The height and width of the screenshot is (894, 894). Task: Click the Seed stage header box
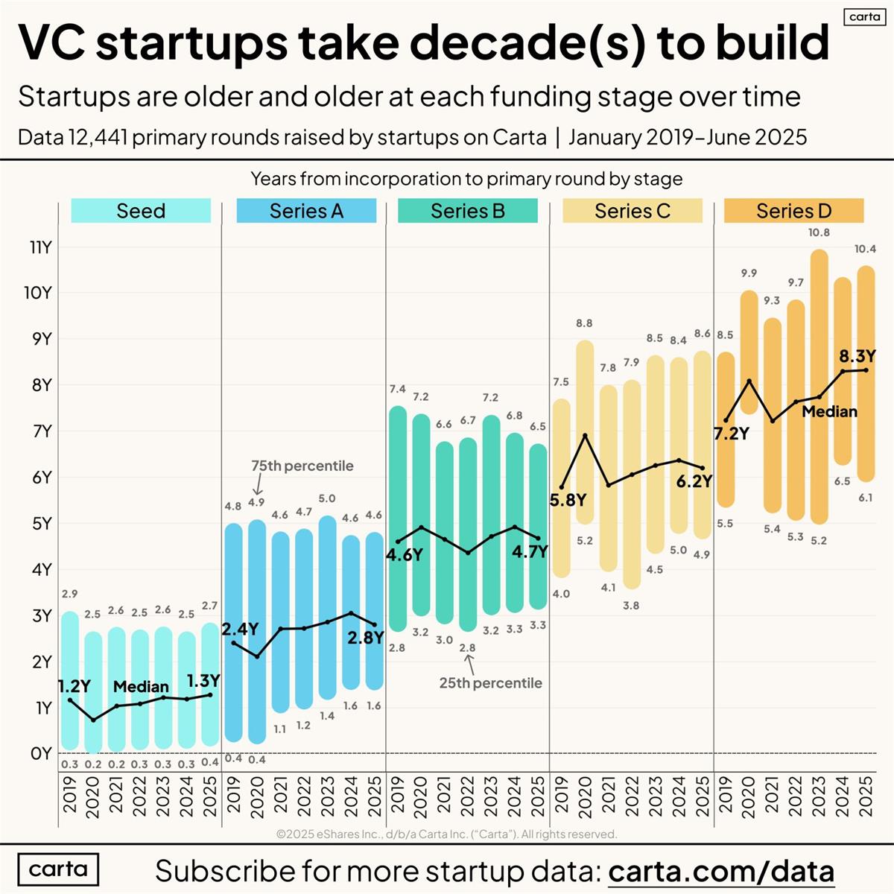click(141, 211)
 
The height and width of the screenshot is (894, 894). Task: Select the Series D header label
click(793, 211)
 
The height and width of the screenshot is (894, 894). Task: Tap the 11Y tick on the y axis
click(40, 247)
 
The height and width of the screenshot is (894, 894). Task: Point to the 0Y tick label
click(41, 753)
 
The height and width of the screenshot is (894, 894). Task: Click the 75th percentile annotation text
click(302, 466)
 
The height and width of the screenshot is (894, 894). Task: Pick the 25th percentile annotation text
click(490, 682)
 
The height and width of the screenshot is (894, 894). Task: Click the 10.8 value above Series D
click(818, 232)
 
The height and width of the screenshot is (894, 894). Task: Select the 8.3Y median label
click(857, 357)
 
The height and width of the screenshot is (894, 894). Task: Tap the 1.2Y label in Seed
click(74, 685)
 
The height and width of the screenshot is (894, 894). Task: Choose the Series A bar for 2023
click(328, 607)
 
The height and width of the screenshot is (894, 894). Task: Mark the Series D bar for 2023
click(819, 387)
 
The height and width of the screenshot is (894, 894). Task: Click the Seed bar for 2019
click(70, 680)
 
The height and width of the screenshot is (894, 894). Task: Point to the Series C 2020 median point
click(586, 435)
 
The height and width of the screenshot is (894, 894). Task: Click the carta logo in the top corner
click(864, 16)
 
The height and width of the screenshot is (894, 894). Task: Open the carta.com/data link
click(720, 870)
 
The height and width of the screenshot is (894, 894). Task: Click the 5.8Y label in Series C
click(568, 500)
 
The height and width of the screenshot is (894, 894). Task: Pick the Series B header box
click(467, 211)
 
